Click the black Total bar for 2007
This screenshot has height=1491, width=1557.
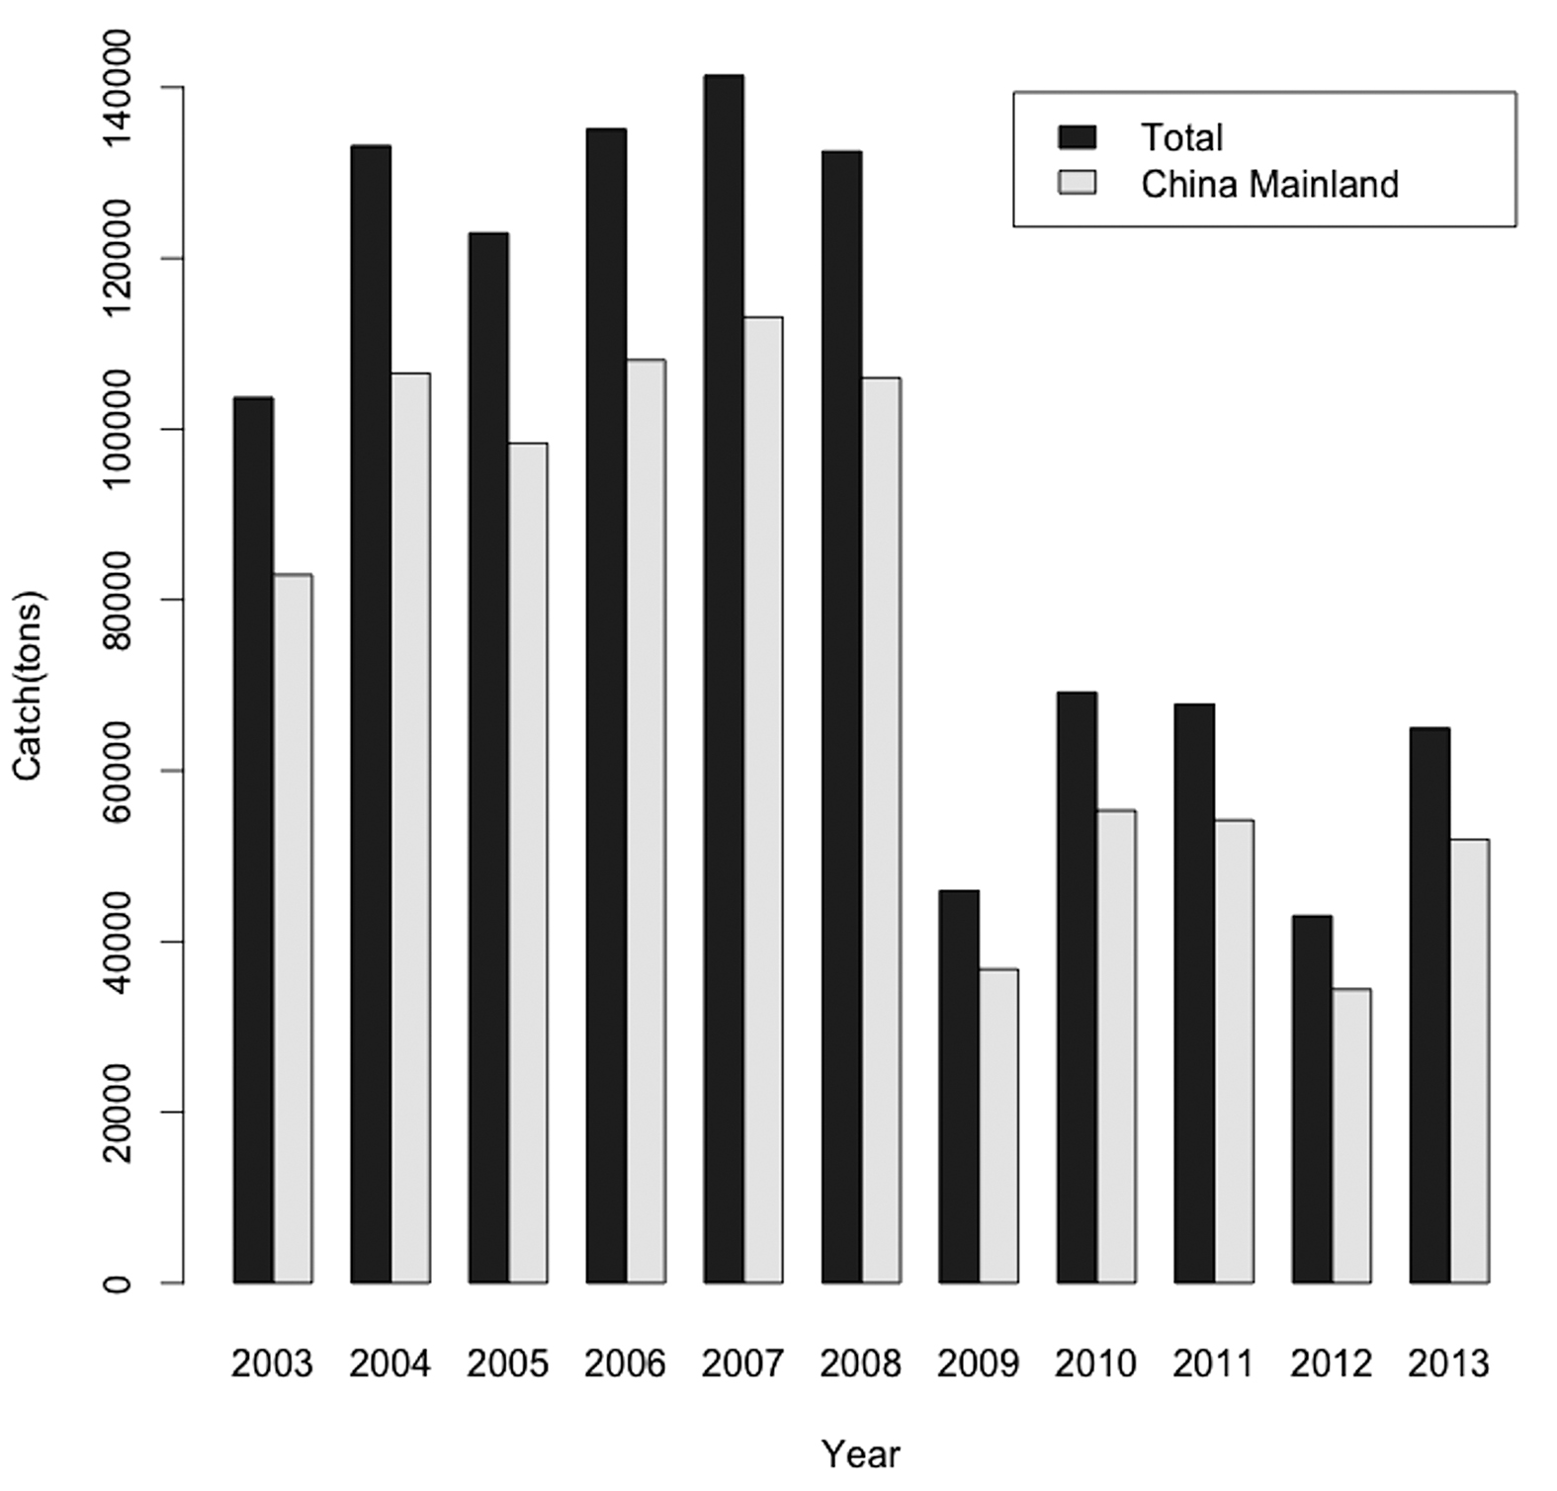[x=724, y=679]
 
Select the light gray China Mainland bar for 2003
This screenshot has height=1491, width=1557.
[x=293, y=929]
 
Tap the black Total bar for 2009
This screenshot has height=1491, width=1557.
[x=959, y=1087]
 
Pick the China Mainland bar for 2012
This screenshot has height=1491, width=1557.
[x=1351, y=1136]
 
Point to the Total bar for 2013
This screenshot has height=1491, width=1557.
[x=1429, y=1006]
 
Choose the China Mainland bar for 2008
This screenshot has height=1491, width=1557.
[x=881, y=831]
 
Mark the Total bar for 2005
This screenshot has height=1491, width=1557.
[x=488, y=758]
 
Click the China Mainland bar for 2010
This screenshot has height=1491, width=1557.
[x=1116, y=1047]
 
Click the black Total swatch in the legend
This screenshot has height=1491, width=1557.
[x=1078, y=136]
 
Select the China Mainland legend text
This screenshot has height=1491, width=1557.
[x=1270, y=185]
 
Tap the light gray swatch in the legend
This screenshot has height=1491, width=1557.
[x=1078, y=183]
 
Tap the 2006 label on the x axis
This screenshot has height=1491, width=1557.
[x=625, y=1365]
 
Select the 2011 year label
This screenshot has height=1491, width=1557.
[x=1213, y=1365]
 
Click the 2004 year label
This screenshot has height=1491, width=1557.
[x=389, y=1365]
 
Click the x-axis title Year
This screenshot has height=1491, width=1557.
[x=861, y=1454]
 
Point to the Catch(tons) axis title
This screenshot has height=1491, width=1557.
[x=28, y=685]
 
